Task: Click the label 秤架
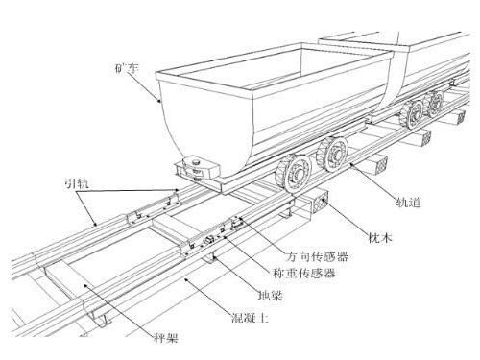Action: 169,336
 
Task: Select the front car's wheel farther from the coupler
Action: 332,152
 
